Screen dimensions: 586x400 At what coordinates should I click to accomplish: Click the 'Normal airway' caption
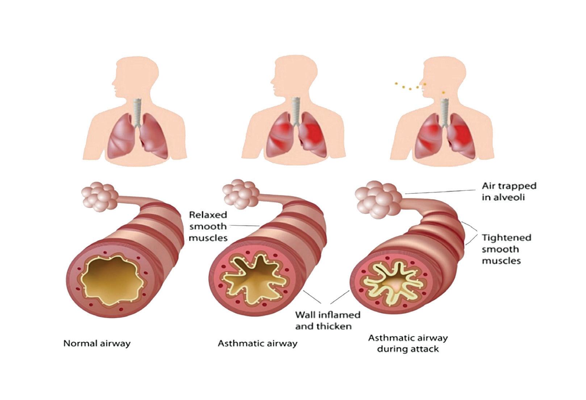(97, 343)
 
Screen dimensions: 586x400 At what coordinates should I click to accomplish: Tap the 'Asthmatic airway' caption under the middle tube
(257, 343)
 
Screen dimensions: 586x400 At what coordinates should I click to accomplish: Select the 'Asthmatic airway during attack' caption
(408, 343)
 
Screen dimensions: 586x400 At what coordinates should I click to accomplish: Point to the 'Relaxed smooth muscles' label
(208, 226)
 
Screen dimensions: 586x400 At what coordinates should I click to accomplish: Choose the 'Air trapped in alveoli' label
(508, 191)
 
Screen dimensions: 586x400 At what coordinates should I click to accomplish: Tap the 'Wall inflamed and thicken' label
(327, 320)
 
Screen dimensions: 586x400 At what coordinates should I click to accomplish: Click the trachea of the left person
(137, 112)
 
